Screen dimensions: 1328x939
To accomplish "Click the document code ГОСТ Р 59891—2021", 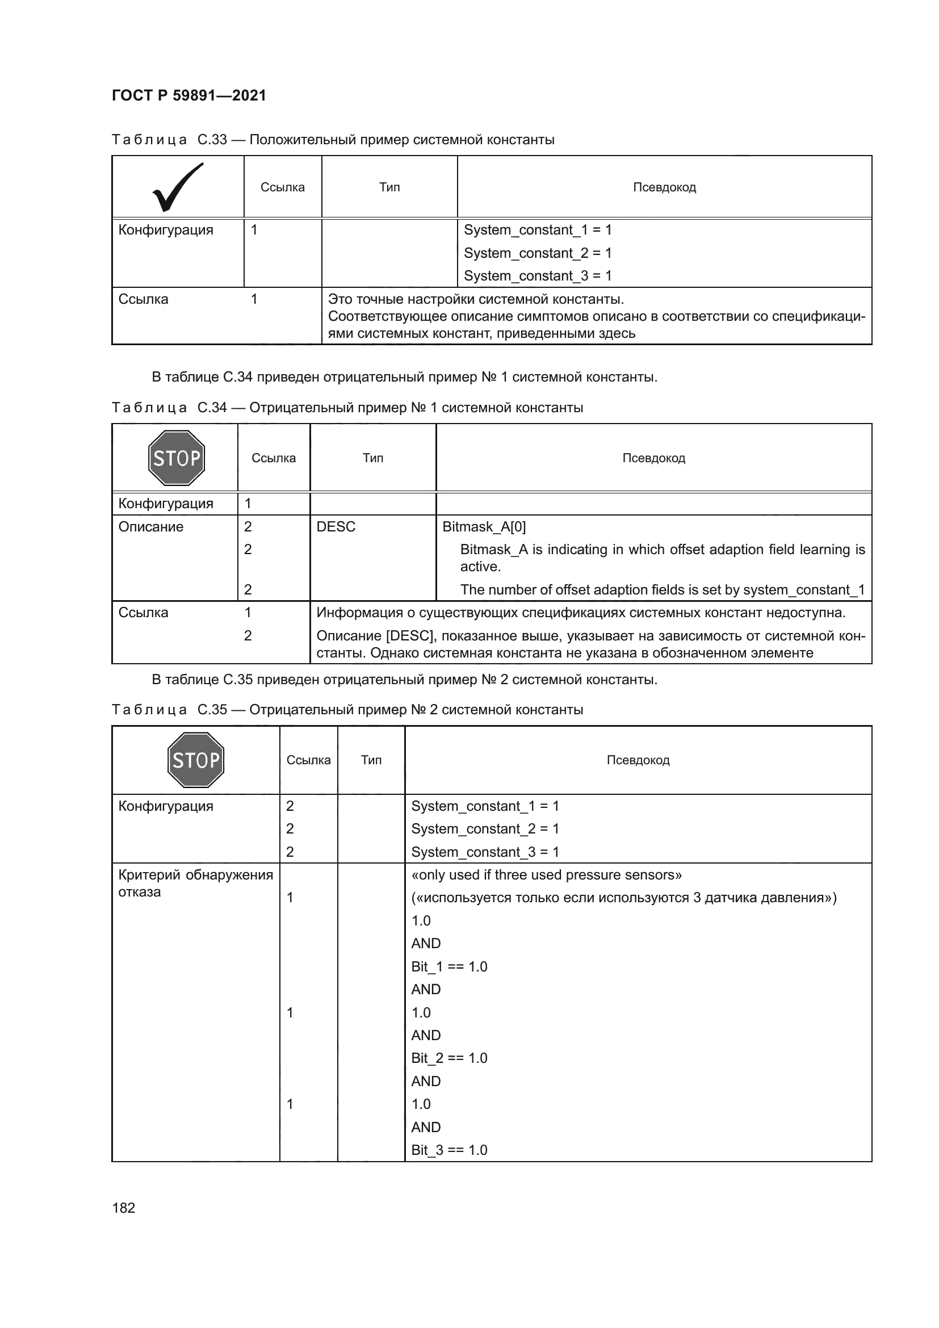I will [188, 95].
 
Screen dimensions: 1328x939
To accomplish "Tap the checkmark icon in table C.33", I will [178, 187].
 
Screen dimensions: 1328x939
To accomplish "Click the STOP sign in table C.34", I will [177, 458].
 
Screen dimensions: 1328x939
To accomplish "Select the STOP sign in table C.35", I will [195, 760].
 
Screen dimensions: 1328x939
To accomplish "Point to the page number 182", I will [123, 1208].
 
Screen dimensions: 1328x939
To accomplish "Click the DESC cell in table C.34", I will [336, 526].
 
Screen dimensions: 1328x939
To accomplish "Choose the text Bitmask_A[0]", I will [484, 526].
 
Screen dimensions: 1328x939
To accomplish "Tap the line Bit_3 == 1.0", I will [449, 1150].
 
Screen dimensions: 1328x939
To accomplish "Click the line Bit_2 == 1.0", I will [449, 1058].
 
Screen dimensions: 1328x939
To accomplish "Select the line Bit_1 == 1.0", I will [449, 966].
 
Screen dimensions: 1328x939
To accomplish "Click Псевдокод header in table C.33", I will [664, 187].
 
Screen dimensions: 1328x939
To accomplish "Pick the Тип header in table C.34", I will [373, 458].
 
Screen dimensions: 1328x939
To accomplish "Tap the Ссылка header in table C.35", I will [308, 760].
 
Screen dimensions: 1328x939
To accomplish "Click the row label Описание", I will [151, 526].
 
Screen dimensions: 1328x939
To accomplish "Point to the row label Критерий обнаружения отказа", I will [195, 883].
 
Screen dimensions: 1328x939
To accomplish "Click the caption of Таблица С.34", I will [347, 408].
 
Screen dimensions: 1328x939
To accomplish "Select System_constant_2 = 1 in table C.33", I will [538, 253].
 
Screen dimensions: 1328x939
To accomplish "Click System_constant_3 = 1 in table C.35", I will [485, 852].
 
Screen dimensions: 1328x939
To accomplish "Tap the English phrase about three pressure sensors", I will [546, 874].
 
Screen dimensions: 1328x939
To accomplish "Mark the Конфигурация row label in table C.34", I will [166, 503].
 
